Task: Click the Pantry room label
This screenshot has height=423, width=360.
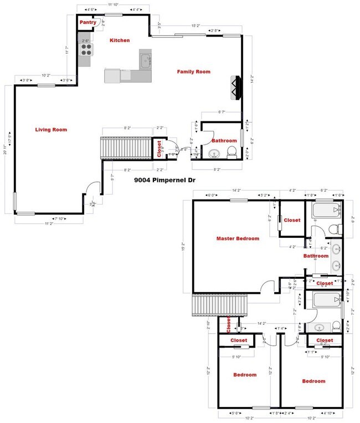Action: [88, 23]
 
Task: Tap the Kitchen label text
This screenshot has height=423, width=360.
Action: [120, 40]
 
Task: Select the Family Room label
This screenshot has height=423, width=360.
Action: [193, 72]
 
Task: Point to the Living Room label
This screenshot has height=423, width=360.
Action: [51, 130]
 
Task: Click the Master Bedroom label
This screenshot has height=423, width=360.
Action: [238, 238]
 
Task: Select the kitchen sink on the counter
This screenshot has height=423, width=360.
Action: [146, 60]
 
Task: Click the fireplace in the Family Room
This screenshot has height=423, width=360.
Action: [235, 86]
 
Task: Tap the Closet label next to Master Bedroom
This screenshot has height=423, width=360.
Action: [292, 220]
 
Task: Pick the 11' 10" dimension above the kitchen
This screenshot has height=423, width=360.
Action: [113, 4]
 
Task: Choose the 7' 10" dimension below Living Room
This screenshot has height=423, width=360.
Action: [59, 218]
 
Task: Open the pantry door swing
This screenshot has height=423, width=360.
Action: [100, 23]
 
